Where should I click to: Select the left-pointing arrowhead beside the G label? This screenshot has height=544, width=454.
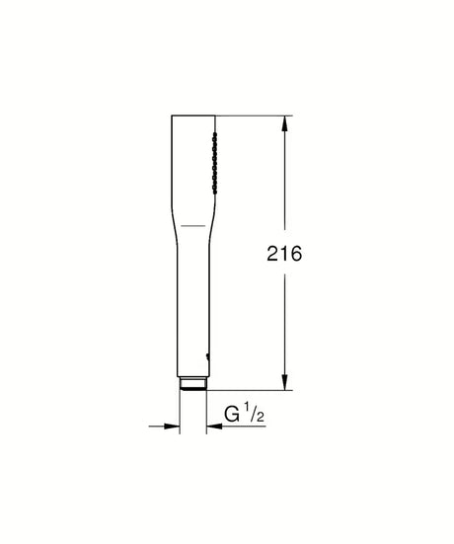pyautogui.click(x=211, y=427)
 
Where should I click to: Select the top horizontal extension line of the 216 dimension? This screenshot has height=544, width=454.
pyautogui.click(x=252, y=117)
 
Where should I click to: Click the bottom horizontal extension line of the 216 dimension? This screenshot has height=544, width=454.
pyautogui.click(x=252, y=390)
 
